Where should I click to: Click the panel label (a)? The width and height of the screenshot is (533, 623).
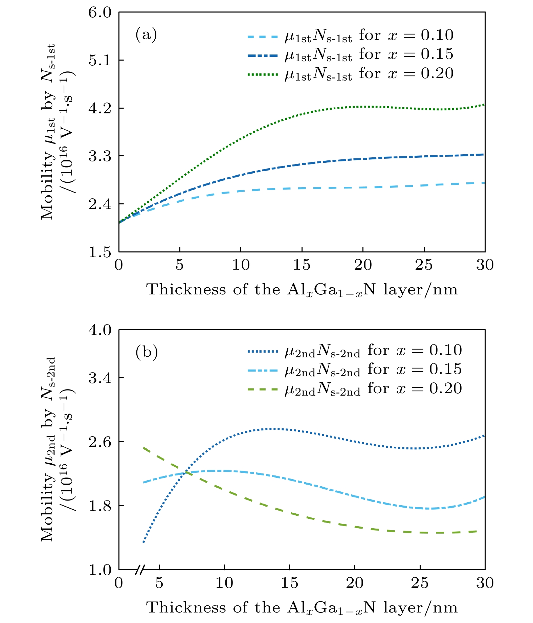tap(146, 35)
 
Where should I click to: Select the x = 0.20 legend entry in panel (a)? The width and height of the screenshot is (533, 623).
tap(350, 73)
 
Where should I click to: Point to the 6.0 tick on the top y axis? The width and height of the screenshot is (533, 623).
tap(100, 13)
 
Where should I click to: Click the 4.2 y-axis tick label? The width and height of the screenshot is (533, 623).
tap(100, 108)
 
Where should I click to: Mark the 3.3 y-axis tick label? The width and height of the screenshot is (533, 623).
tap(100, 156)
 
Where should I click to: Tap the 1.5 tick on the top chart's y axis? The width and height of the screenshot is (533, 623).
tap(100, 252)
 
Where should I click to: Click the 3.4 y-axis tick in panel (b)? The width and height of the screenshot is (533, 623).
tap(100, 378)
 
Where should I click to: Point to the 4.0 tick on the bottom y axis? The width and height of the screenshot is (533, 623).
tap(100, 330)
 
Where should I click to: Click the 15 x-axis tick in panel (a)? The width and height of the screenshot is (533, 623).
tap(302, 265)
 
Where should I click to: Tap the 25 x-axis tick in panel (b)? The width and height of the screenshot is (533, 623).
tap(420, 583)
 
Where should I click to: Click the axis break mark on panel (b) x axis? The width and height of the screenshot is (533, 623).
tap(139, 570)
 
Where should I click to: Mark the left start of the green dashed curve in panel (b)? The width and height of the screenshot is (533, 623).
tap(144, 448)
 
